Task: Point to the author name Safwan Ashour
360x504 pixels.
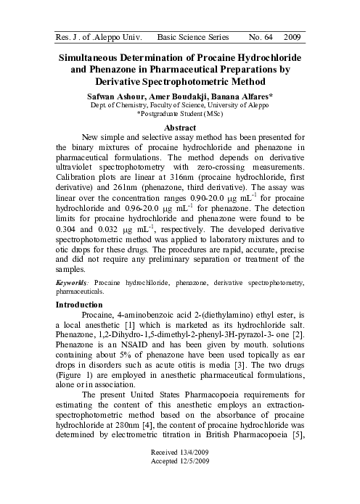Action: [x=117, y=96]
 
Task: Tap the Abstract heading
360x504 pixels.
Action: [x=181, y=127]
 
